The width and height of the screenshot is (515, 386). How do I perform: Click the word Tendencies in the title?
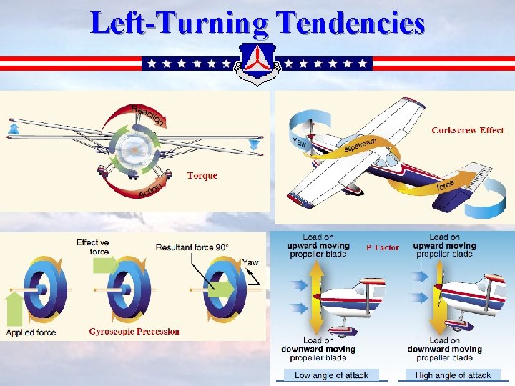tap(350, 24)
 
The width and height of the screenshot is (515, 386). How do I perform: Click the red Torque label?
tap(202, 175)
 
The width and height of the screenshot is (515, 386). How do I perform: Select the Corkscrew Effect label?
tap(468, 130)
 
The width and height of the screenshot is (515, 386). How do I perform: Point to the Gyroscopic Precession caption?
tap(134, 331)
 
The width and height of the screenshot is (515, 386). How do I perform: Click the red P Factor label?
tap(383, 247)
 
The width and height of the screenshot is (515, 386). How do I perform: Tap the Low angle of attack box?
tap(331, 375)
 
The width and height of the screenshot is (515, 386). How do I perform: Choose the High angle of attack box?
tap(453, 375)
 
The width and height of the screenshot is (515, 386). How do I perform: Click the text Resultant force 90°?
tap(192, 247)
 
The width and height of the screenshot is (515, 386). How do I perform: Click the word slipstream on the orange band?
tap(361, 145)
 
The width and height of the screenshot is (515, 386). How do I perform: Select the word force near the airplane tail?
tap(446, 185)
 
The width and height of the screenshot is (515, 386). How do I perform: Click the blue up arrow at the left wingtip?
tap(13, 129)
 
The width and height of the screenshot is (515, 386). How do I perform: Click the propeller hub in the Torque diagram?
tap(133, 150)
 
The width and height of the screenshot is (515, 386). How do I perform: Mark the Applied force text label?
tap(31, 332)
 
